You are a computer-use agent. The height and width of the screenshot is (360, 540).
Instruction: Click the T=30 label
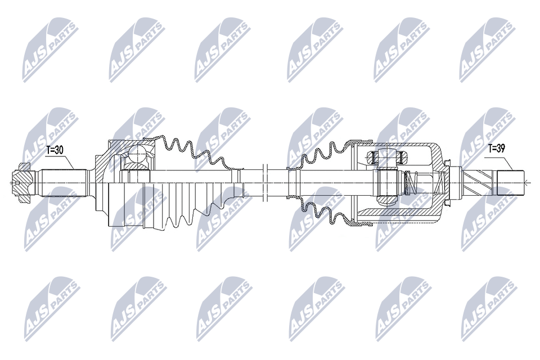tap(55, 150)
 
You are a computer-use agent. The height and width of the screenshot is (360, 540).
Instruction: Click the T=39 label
tap(496, 148)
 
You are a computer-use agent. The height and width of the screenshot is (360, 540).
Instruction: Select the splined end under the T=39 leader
tap(510, 183)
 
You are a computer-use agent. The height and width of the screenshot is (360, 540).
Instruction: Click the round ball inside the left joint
tap(138, 154)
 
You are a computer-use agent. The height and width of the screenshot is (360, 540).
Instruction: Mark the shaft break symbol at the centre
tap(265, 183)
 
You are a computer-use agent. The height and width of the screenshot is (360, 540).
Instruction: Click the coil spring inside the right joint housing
tap(410, 183)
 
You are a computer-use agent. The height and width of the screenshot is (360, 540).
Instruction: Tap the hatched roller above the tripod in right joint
tap(387, 157)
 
